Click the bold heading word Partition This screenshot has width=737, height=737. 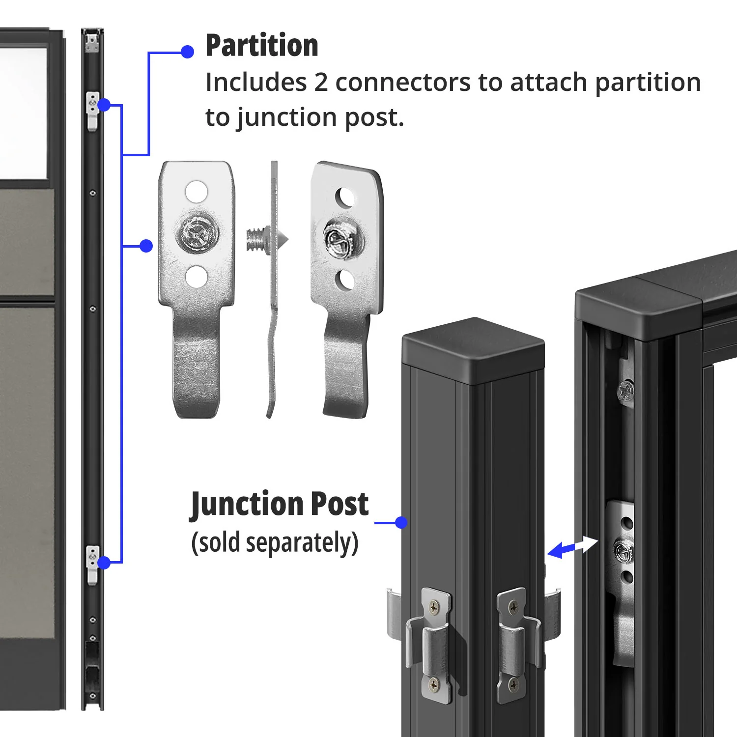tap(262, 45)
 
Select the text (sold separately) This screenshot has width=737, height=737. tap(275, 543)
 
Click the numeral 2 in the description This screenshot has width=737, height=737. tap(321, 82)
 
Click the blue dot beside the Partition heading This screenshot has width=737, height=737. tap(187, 52)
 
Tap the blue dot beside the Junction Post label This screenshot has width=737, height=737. tap(401, 522)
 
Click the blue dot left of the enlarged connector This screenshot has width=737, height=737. tap(146, 246)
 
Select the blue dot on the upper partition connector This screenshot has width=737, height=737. tap(104, 105)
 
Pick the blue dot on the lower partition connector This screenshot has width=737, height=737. tap(104, 563)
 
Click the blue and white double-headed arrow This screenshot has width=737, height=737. tap(572, 547)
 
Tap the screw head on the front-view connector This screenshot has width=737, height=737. tap(197, 233)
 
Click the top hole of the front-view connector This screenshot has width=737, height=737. tap(196, 192)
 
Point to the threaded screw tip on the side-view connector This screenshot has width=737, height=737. tap(255, 239)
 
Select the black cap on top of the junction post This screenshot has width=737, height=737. tap(473, 350)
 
